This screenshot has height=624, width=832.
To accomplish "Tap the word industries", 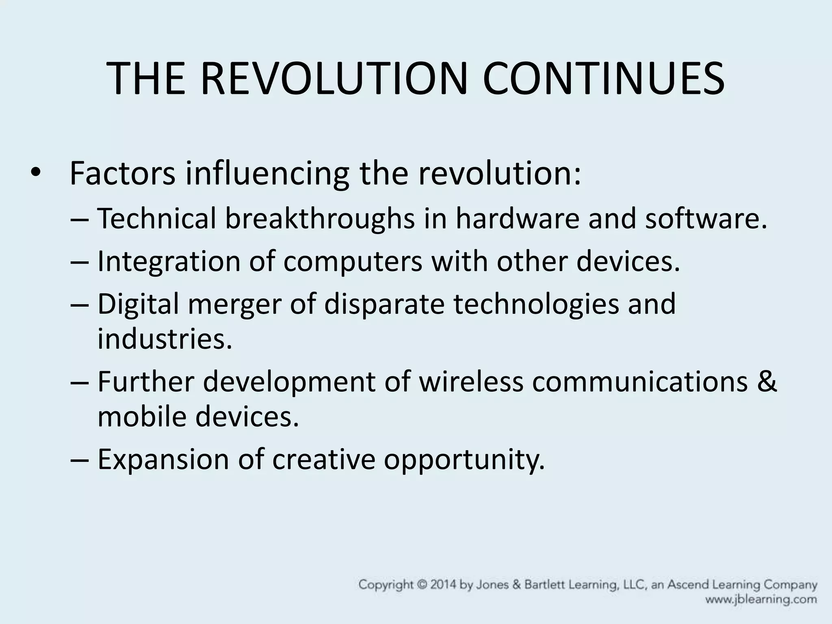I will [x=165, y=339].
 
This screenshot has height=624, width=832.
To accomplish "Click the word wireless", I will [x=471, y=382].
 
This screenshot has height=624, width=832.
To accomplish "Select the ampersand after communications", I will [x=767, y=382].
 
